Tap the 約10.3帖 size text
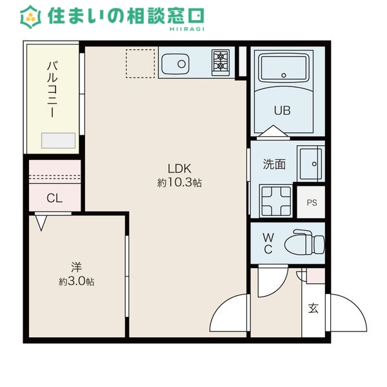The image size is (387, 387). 179,183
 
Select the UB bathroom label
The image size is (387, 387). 283,110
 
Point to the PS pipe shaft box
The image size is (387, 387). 312,203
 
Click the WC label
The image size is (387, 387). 268,243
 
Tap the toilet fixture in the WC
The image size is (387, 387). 306,243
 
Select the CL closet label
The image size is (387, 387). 54,198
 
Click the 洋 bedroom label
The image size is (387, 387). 76,266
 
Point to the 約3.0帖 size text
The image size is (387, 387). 76,281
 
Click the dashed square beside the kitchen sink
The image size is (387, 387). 140,63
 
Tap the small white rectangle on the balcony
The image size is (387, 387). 58,141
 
